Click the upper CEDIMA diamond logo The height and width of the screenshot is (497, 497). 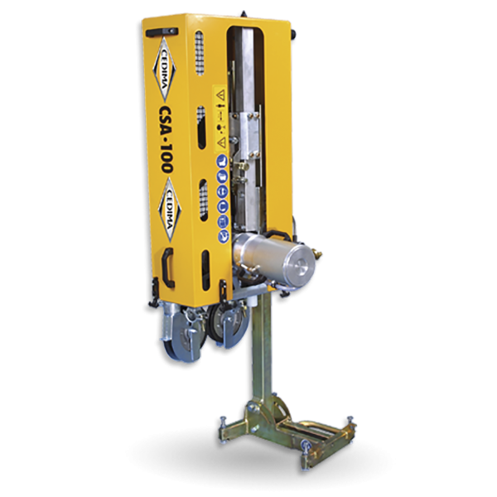164,70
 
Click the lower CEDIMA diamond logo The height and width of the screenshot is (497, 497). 170,210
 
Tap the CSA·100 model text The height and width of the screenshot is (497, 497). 166,139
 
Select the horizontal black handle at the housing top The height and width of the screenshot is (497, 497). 162,32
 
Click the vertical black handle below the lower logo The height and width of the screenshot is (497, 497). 167,268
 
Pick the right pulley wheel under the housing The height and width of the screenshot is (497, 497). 229,325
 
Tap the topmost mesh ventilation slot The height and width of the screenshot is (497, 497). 200,53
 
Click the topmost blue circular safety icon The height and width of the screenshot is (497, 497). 222,161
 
